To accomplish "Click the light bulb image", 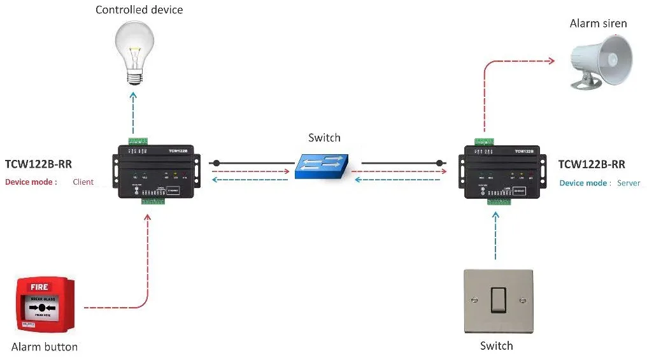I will coord(134,51).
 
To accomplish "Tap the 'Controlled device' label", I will coord(139,10).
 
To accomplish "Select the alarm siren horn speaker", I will coord(602,61).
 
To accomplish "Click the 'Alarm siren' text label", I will coord(598,24).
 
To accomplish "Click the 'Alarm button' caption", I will coord(45,347).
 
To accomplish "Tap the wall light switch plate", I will coord(497,301).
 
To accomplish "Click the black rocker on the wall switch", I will coord(498,300).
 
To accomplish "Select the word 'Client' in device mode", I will coord(83,182).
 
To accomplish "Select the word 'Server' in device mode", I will coord(629,184).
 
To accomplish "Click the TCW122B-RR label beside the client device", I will coord(38,164).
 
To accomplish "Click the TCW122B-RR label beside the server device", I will coord(592,164).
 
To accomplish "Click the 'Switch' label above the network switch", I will coord(324,138).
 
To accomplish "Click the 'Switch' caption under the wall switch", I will coord(496,346).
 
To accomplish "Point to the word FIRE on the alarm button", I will coord(39,287).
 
